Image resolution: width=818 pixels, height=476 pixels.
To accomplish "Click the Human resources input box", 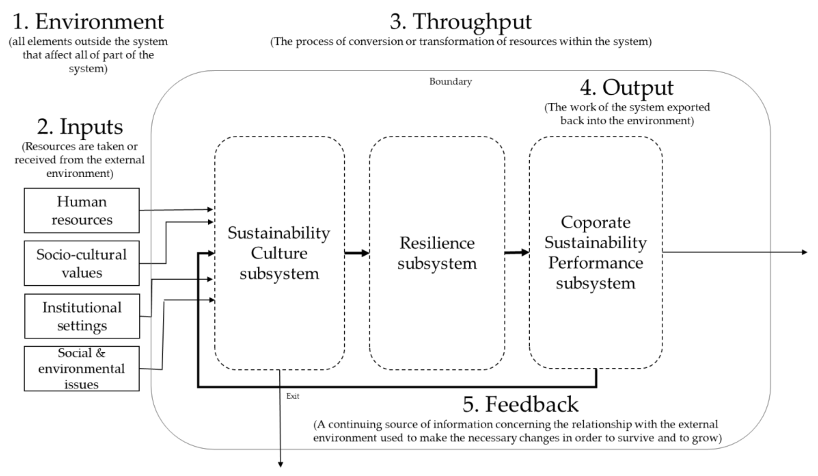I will (x=82, y=211).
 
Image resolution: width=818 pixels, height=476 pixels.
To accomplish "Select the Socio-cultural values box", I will (x=82, y=263).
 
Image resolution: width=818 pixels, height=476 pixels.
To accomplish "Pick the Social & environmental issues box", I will (x=82, y=368).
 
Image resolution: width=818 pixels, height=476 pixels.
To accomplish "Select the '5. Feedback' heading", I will (x=520, y=404).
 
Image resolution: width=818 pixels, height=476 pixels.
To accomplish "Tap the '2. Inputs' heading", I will (x=80, y=127).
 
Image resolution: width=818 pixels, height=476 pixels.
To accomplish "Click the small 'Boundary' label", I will (x=450, y=82).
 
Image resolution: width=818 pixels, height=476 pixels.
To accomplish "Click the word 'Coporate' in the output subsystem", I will (x=596, y=222).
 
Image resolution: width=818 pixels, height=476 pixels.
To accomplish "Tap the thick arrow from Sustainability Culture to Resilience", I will (x=356, y=253).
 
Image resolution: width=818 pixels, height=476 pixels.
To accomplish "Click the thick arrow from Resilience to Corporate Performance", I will (x=516, y=252).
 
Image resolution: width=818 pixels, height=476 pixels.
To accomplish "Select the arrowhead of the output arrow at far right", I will (x=804, y=252).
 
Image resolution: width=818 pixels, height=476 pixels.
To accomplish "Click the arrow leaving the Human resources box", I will (x=175, y=210).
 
